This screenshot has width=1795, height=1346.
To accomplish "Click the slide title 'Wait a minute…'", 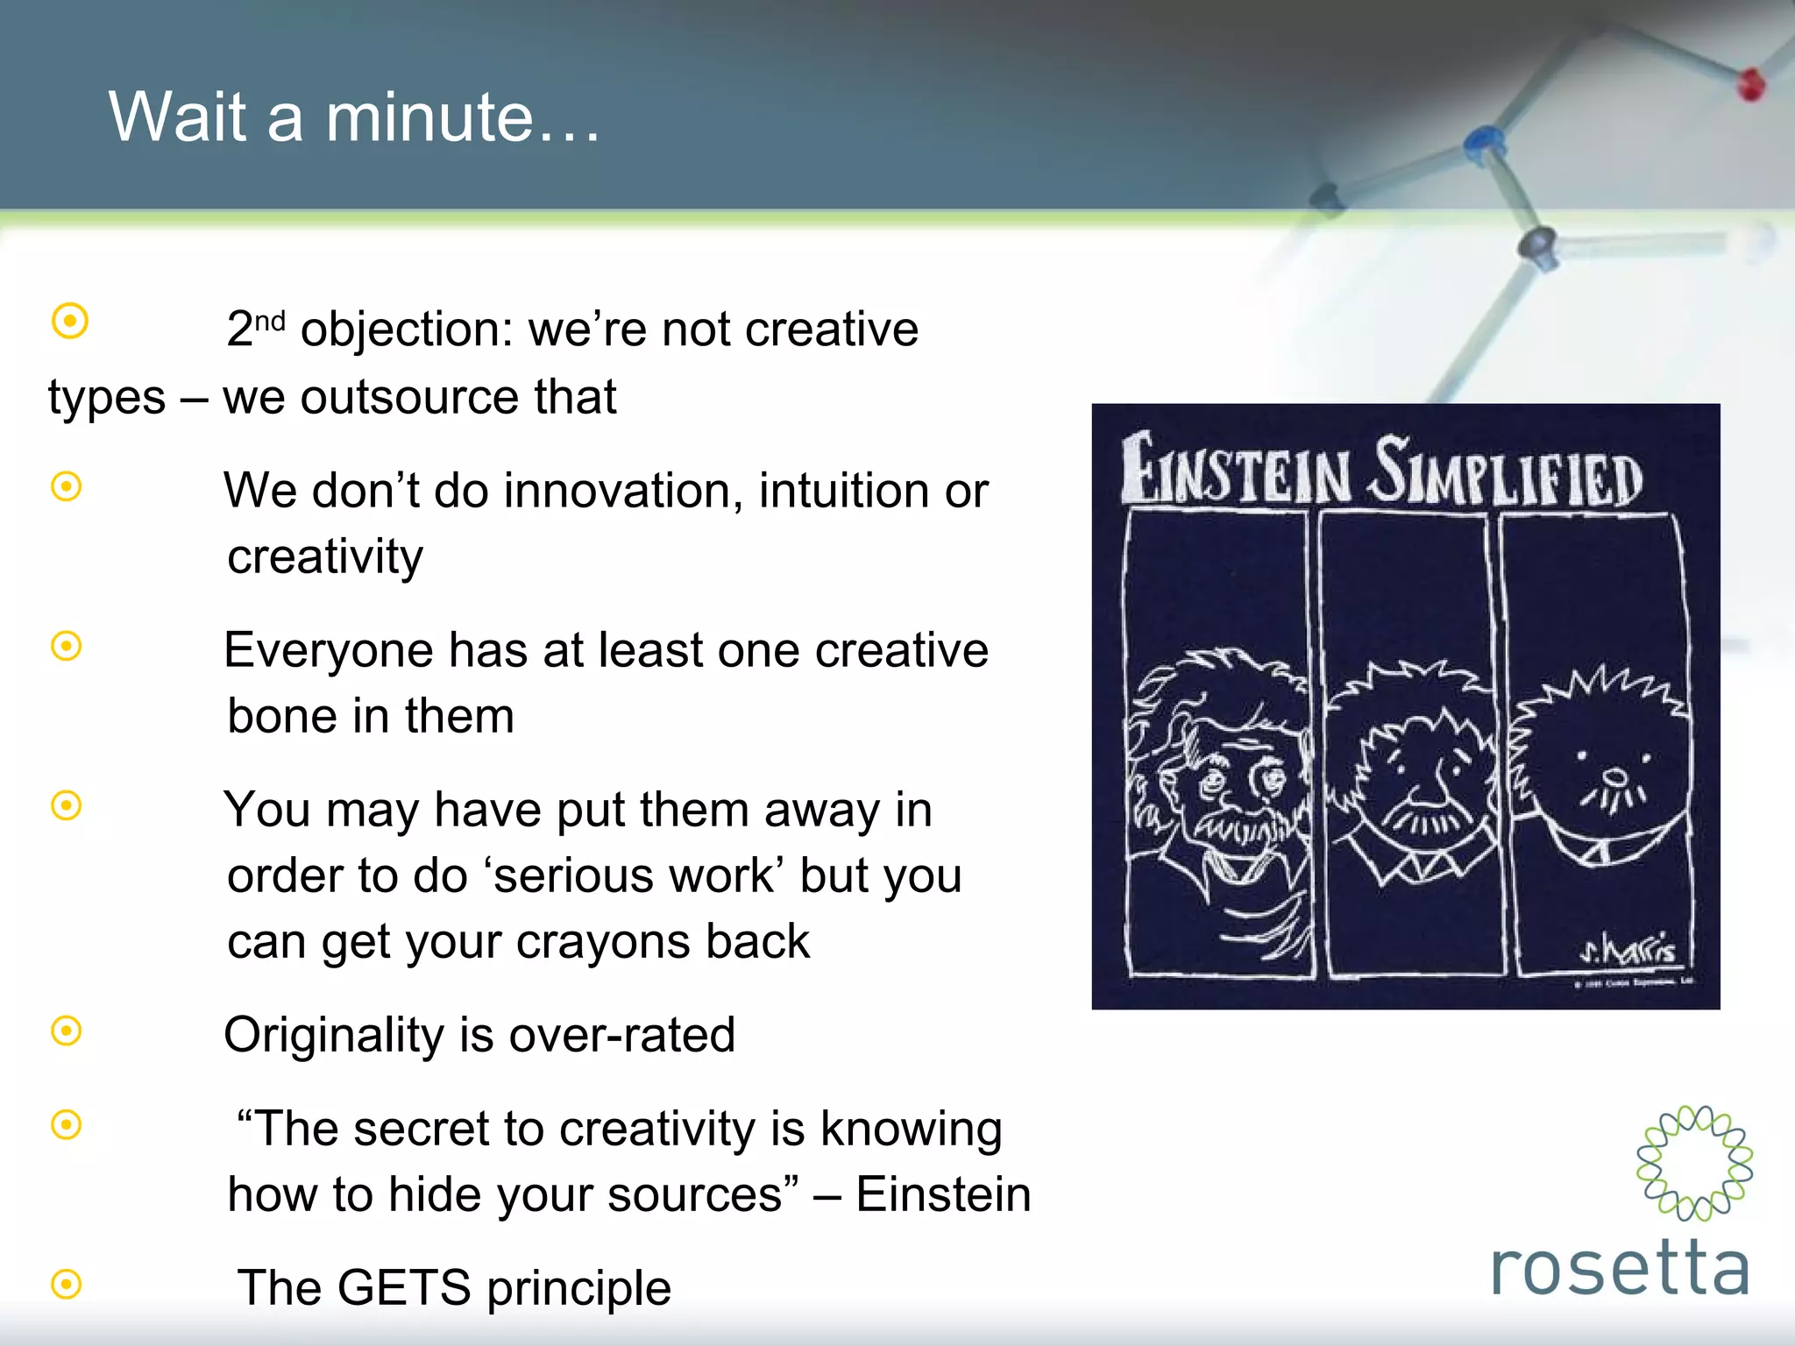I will tap(354, 117).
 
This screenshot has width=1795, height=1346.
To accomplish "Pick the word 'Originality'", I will tap(333, 1035).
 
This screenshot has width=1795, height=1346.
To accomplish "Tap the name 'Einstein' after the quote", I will tap(943, 1194).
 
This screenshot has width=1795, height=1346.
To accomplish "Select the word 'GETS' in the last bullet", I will tap(404, 1287).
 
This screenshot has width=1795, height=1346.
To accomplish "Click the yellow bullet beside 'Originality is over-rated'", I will tap(67, 1031).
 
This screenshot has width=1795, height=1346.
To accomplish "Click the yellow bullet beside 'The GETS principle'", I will tap(67, 1285).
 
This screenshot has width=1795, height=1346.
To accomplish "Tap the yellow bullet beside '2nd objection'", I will tap(70, 321).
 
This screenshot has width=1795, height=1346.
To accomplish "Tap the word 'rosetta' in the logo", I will tap(1620, 1268).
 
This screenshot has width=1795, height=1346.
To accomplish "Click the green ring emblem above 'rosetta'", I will tap(1694, 1163).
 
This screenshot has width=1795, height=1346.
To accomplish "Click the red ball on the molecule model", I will tap(1750, 85).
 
